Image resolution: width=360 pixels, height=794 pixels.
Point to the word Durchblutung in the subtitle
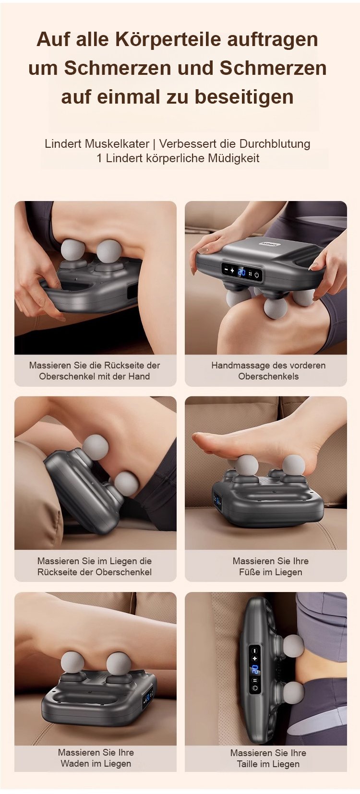click(x=275, y=144)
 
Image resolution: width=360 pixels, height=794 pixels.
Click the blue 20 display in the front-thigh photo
click(x=241, y=272)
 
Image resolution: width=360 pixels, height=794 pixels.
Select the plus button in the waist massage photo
click(x=254, y=658)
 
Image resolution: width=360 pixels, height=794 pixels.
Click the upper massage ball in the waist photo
click(x=294, y=646)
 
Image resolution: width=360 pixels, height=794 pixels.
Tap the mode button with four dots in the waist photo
click(x=254, y=680)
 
